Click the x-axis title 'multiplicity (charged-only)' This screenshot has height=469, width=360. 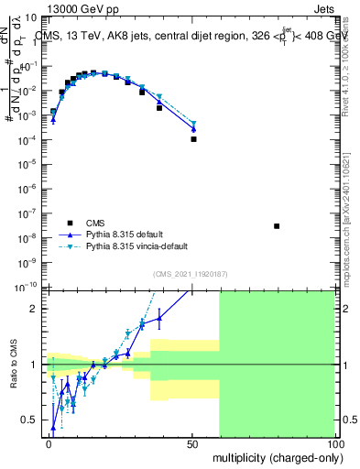[x=273, y=455]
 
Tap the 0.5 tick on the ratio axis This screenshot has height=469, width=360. [x=34, y=420]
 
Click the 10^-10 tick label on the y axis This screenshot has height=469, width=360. [x=30, y=286]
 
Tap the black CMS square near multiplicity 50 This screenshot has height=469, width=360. [x=193, y=139]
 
